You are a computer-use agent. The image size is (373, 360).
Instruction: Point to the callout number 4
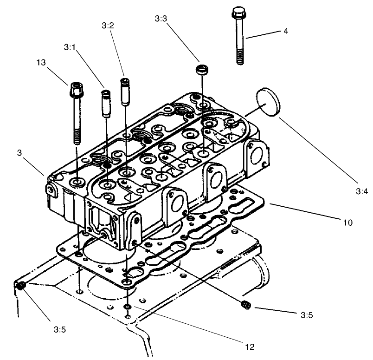pyautogui.click(x=286, y=32)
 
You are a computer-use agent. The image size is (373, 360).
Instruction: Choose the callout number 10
pyautogui.click(x=347, y=223)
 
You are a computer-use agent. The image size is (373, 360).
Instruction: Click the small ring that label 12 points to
pyautogui.click(x=127, y=307)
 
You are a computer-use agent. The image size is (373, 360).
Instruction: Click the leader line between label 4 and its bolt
pyautogui.click(x=264, y=35)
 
